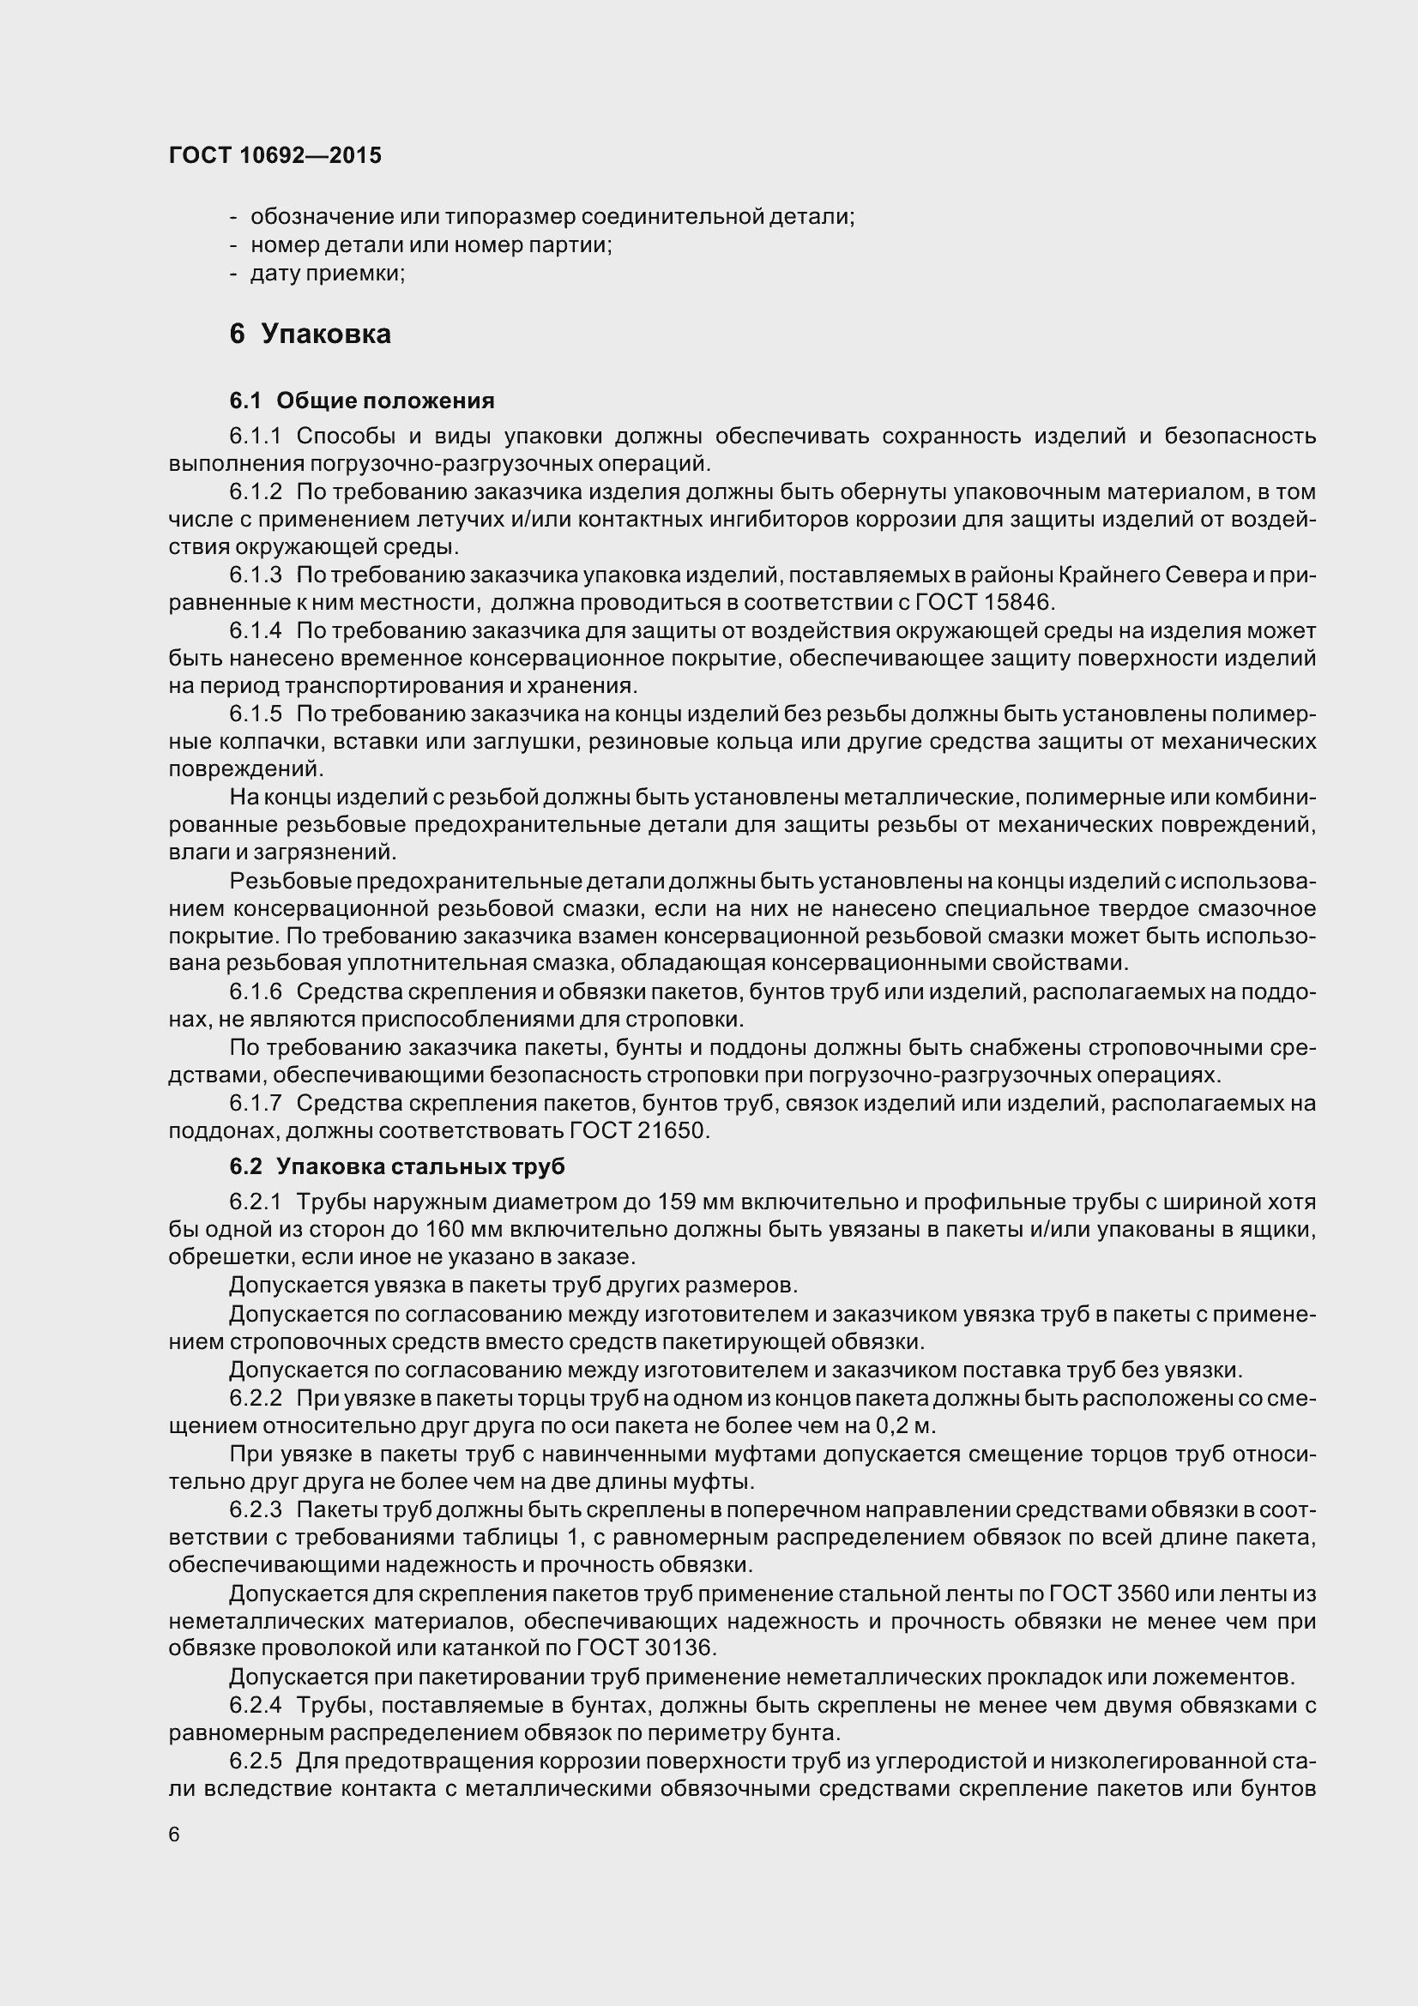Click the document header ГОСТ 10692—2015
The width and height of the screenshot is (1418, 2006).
(x=275, y=155)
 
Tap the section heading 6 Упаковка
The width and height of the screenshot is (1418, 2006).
(x=311, y=334)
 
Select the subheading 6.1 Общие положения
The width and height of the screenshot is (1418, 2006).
(x=362, y=401)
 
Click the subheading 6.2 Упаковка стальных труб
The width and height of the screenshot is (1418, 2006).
(x=396, y=1166)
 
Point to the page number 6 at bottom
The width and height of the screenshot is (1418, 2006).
(x=174, y=1834)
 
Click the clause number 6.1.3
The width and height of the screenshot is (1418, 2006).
(x=256, y=575)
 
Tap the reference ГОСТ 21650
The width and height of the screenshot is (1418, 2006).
(x=639, y=1130)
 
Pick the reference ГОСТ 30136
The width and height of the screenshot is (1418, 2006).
(x=646, y=1648)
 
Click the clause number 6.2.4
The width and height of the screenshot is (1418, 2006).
(x=256, y=1705)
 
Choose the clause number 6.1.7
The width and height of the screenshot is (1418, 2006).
(x=256, y=1104)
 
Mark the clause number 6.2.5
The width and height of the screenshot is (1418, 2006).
(x=256, y=1760)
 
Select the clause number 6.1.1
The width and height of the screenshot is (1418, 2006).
(x=256, y=436)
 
